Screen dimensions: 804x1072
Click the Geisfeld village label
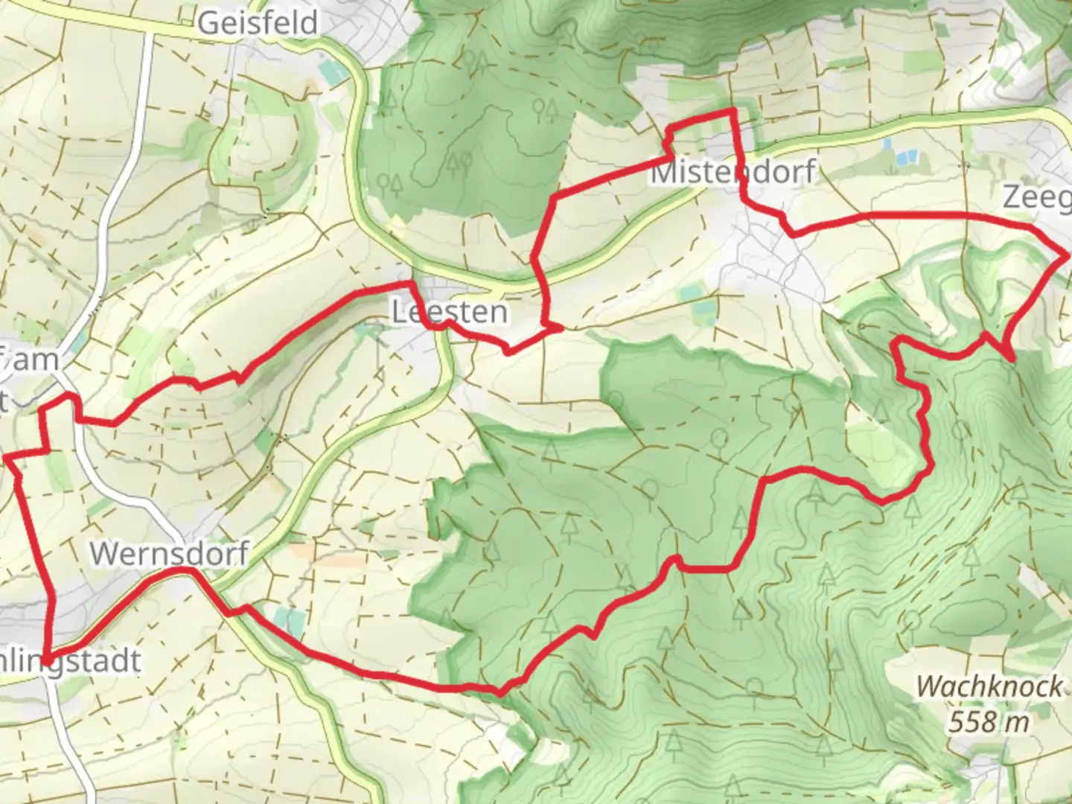(x=258, y=23)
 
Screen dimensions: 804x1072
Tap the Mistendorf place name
(x=733, y=173)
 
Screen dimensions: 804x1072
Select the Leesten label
(x=450, y=312)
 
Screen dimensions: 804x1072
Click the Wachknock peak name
(x=989, y=686)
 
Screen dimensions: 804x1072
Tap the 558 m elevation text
(x=989, y=721)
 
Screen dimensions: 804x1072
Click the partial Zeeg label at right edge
(x=1036, y=198)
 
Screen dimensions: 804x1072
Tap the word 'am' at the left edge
(x=41, y=360)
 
